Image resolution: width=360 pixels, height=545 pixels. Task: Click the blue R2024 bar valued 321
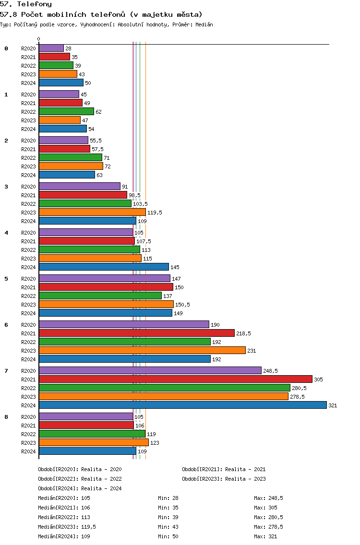click(x=183, y=405)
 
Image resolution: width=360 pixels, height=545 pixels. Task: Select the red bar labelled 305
click(x=176, y=379)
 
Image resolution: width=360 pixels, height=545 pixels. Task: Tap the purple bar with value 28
click(x=51, y=48)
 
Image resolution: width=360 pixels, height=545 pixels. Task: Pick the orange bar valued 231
click(x=142, y=350)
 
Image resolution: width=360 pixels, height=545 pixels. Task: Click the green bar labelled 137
click(x=100, y=296)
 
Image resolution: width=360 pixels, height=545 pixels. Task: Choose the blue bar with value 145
click(x=104, y=267)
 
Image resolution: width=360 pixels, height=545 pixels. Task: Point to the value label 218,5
click(x=243, y=333)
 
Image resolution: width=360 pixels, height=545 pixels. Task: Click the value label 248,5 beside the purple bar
click(x=270, y=371)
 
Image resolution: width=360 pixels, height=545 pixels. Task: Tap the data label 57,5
click(x=97, y=149)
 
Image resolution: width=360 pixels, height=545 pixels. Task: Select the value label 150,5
click(x=182, y=305)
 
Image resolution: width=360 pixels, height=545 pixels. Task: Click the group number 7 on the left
click(x=6, y=371)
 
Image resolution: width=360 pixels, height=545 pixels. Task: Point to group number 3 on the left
click(x=6, y=187)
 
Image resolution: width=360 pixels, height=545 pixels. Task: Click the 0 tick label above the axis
click(x=38, y=39)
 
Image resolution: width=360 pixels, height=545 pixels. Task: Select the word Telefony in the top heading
click(x=35, y=4)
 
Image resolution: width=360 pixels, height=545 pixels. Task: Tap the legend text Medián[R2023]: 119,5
click(x=67, y=527)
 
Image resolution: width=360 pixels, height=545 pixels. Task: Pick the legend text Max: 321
click(x=265, y=536)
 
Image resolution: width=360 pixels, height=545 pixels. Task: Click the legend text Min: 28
click(x=168, y=498)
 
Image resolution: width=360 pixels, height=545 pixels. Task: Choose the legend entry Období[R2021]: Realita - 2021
click(x=224, y=469)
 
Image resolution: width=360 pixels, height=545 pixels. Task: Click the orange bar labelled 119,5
click(x=92, y=212)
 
